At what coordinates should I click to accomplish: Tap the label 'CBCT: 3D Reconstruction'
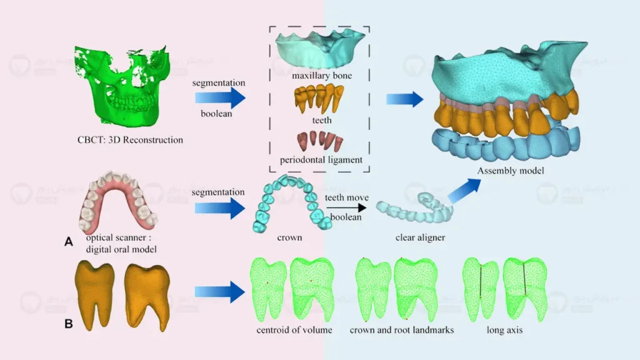click(x=135, y=140)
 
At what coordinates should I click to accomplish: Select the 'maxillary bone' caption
click(x=321, y=76)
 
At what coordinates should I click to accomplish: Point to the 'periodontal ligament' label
click(x=321, y=160)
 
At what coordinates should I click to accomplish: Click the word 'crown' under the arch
click(x=289, y=238)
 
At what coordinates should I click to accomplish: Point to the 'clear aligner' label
click(x=420, y=238)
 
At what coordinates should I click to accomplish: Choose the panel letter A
click(x=69, y=241)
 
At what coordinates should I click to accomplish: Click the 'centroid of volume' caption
click(x=294, y=329)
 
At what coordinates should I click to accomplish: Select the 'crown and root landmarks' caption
click(x=401, y=329)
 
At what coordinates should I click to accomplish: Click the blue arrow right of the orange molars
click(x=219, y=291)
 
